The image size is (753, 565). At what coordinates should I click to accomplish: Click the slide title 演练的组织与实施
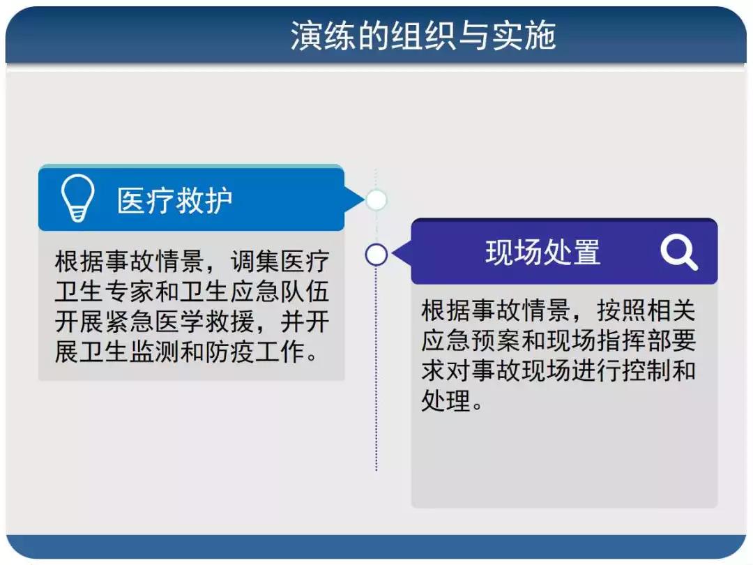(423, 36)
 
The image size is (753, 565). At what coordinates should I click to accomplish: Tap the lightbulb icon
(77, 197)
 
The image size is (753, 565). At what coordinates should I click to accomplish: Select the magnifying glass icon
(678, 253)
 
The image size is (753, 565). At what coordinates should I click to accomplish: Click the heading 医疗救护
(175, 200)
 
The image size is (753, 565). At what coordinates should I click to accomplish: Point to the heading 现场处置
(542, 252)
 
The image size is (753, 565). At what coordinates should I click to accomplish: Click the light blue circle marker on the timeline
(376, 200)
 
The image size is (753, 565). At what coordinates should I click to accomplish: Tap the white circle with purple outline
(376, 255)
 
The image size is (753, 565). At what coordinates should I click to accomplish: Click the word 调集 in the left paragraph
(254, 262)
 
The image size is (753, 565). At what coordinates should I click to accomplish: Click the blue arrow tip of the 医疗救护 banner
(363, 200)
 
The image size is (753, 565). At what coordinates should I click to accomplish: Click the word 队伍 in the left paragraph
(305, 292)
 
